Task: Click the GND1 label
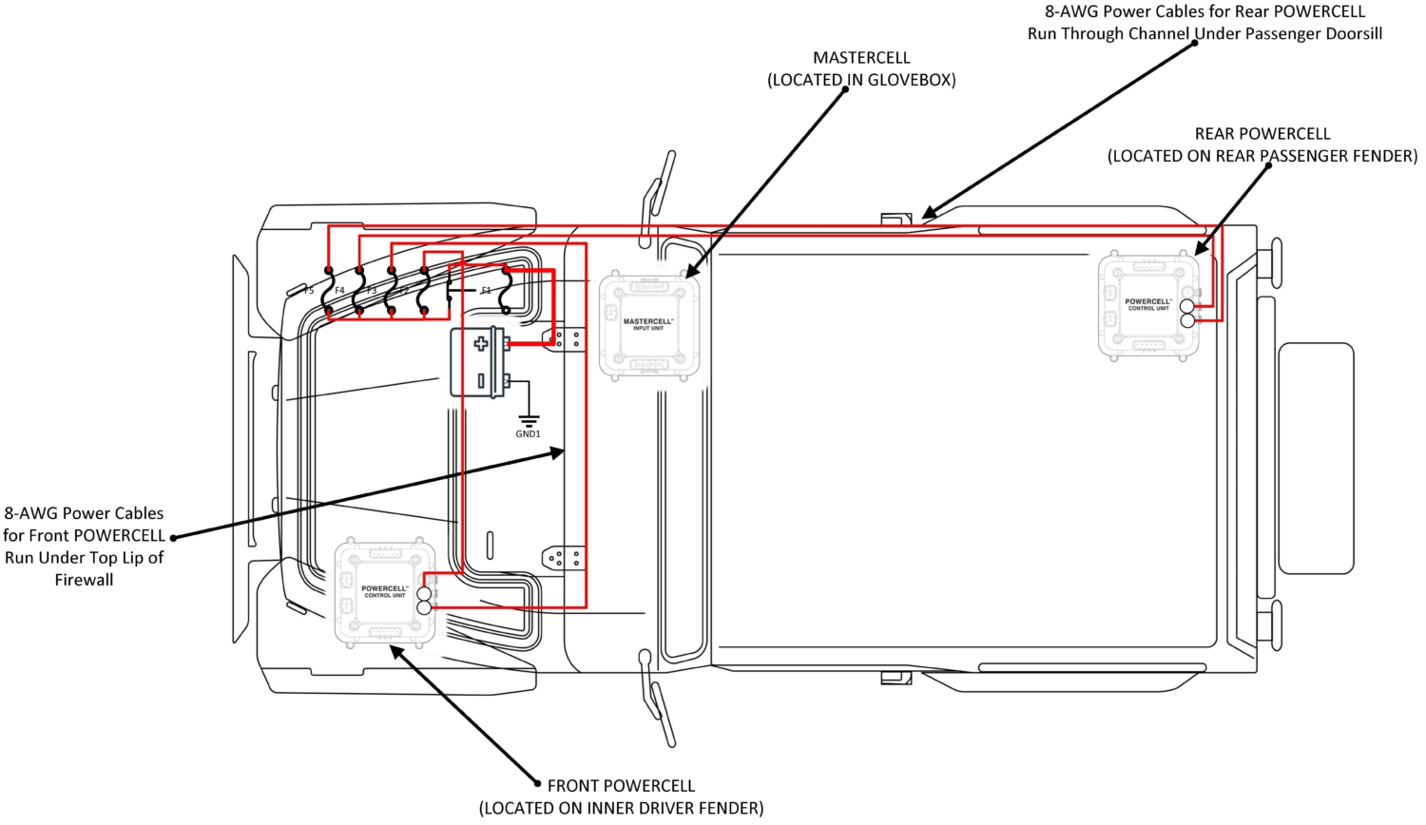click(528, 434)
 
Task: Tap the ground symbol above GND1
click(528, 419)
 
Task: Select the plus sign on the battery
click(481, 343)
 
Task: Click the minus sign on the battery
click(481, 380)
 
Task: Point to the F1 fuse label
click(486, 291)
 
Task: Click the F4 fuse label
click(339, 291)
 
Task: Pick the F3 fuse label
click(372, 291)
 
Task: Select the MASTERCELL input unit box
click(648, 325)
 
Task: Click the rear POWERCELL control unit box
click(1148, 305)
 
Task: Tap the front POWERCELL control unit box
click(385, 592)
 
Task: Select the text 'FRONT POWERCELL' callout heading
click(621, 786)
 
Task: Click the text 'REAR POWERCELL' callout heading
click(1262, 134)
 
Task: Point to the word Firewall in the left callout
click(84, 580)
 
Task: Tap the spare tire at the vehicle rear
click(1316, 458)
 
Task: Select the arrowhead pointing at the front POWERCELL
click(398, 653)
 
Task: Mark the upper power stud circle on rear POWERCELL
click(1187, 306)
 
